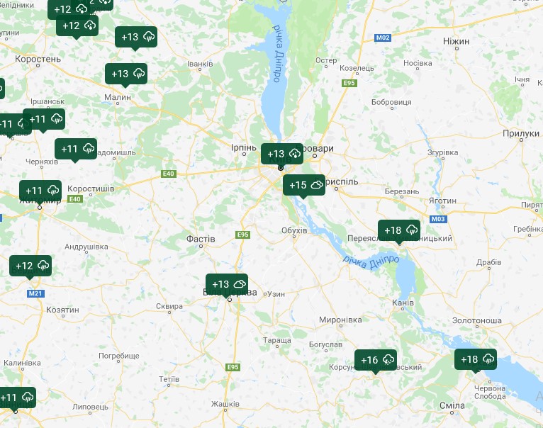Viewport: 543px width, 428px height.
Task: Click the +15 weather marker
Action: coord(304,185)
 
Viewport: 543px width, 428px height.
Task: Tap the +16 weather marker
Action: coord(376,360)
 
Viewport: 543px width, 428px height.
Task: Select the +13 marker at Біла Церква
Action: coord(227,284)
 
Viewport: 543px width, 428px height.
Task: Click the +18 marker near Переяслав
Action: coord(399,230)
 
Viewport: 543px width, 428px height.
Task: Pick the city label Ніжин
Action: coord(456,41)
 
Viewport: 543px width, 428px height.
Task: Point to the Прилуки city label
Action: coord(521,133)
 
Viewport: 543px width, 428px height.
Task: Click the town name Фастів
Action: coord(201,239)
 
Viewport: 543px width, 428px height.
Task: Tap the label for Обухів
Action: coord(294,230)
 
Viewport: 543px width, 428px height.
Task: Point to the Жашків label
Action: coord(225,404)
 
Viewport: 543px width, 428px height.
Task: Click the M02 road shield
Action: coord(384,37)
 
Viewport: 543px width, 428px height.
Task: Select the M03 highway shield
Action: coord(438,219)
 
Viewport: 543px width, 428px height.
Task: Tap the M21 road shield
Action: coord(35,293)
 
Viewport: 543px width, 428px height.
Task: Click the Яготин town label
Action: coord(443,201)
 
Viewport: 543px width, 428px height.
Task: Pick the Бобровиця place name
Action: coord(391,103)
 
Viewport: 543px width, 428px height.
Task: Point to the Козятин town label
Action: coord(62,310)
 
